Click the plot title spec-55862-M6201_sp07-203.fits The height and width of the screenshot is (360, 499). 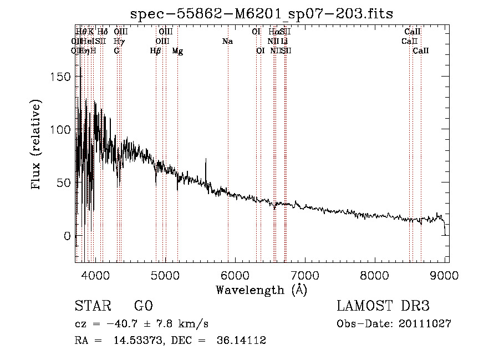click(x=262, y=14)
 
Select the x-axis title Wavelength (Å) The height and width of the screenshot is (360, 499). click(x=261, y=290)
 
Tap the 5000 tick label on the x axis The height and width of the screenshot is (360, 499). click(x=165, y=275)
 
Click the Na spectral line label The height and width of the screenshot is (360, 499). click(x=227, y=42)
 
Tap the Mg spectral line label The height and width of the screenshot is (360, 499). click(x=177, y=51)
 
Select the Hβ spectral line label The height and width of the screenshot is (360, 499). click(x=156, y=51)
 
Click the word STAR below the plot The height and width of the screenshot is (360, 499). click(x=92, y=306)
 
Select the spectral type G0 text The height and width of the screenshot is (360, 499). click(x=143, y=306)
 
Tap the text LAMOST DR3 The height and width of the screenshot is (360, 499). click(x=383, y=306)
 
